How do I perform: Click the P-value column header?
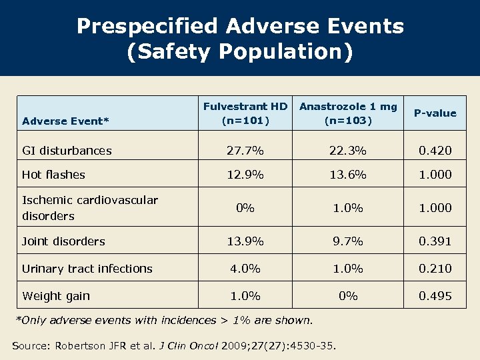pyautogui.click(x=435, y=113)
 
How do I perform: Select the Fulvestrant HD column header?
pyautogui.click(x=245, y=113)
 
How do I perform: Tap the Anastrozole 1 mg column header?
pyautogui.click(x=348, y=113)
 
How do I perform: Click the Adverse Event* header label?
pyautogui.click(x=65, y=121)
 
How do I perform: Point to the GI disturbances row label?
pyautogui.click(x=67, y=151)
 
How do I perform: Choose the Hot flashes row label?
pyautogui.click(x=53, y=175)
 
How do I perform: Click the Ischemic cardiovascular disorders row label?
pyautogui.click(x=90, y=208)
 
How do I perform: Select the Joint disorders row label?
pyautogui.click(x=63, y=241)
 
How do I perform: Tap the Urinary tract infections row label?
pyautogui.click(x=87, y=269)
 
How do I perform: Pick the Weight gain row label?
pyautogui.click(x=56, y=296)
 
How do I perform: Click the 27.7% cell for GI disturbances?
pyautogui.click(x=245, y=151)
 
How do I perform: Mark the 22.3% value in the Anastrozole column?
pyautogui.click(x=348, y=151)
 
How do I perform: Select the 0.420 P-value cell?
pyautogui.click(x=435, y=151)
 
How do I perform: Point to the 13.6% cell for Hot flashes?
pyautogui.click(x=348, y=175)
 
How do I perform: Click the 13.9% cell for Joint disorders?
pyautogui.click(x=245, y=241)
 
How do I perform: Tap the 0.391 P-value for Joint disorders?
pyautogui.click(x=435, y=241)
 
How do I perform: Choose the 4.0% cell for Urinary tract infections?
pyautogui.click(x=245, y=269)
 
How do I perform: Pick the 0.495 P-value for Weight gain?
pyautogui.click(x=435, y=296)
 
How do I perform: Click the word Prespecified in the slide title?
pyautogui.click(x=147, y=26)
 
